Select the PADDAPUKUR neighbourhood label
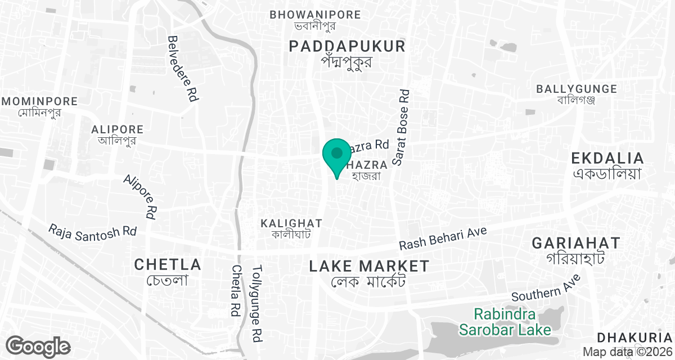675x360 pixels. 347,46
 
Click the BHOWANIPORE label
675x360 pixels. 315,15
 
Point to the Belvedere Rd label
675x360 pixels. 183,69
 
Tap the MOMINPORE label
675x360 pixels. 39,102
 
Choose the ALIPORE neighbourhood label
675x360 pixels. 117,130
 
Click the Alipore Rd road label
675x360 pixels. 140,196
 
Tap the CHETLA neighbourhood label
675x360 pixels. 168,264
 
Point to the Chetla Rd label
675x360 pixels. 236,290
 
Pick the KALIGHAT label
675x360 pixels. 291,223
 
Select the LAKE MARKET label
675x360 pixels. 369,266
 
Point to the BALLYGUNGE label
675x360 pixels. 577,89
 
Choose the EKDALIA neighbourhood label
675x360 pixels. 607,157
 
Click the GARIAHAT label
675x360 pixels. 576,244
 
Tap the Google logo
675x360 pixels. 38,346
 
